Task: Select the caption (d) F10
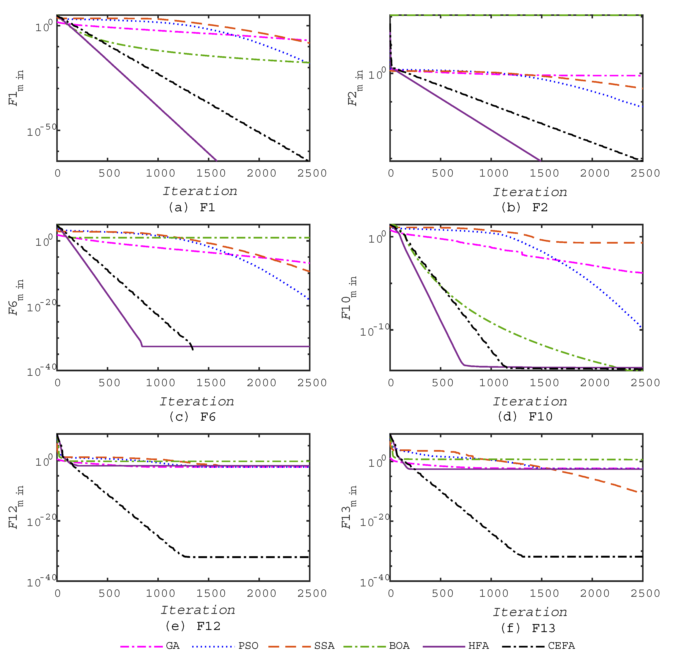click(524, 416)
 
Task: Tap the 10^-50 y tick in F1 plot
click(42, 130)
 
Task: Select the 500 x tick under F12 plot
click(109, 593)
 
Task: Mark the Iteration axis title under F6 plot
click(197, 401)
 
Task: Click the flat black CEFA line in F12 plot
click(246, 557)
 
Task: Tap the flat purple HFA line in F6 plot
click(225, 346)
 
